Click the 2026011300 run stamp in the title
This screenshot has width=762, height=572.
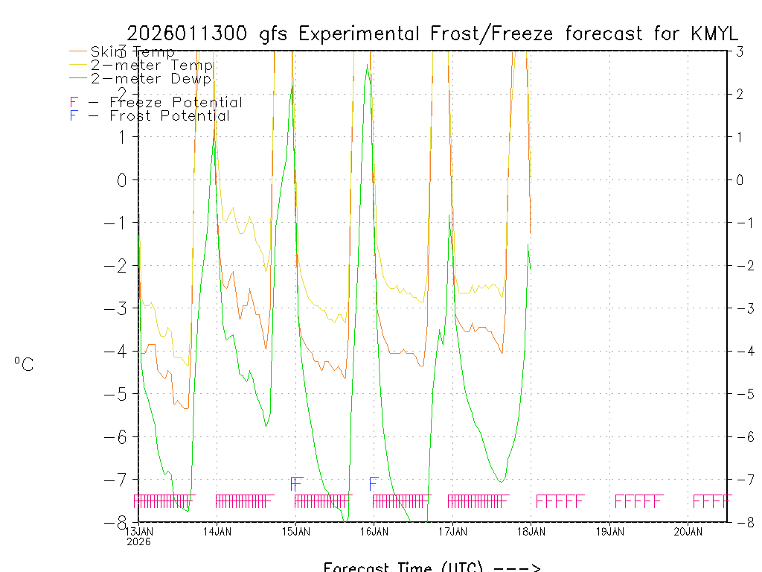click(x=190, y=34)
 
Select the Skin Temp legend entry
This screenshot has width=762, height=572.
click(x=132, y=52)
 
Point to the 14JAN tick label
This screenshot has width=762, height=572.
click(x=217, y=531)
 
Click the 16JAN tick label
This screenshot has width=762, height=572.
click(x=374, y=531)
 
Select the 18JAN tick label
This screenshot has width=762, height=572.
click(x=531, y=531)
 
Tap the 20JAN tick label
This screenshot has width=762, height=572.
click(x=688, y=531)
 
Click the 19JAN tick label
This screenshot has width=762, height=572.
click(x=610, y=531)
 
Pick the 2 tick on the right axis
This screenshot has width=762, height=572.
click(x=740, y=94)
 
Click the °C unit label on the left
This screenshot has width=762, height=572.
click(x=24, y=364)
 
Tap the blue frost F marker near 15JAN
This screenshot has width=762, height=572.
click(x=297, y=483)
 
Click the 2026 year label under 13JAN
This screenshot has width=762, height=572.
click(x=138, y=541)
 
